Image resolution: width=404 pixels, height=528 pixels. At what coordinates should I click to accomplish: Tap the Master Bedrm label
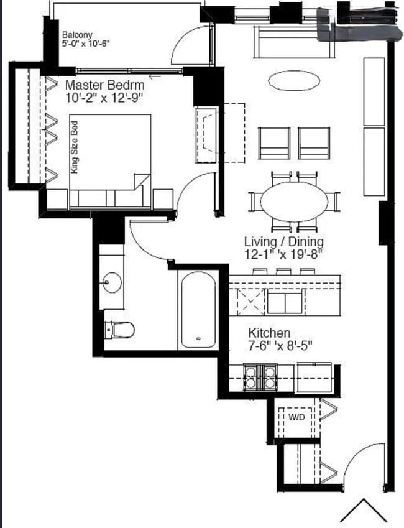click(x=105, y=85)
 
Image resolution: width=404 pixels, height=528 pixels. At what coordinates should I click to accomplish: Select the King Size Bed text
click(x=75, y=147)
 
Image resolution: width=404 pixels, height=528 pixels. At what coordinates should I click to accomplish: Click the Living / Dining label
click(x=284, y=241)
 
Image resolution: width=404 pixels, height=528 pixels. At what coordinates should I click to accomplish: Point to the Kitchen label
click(x=269, y=333)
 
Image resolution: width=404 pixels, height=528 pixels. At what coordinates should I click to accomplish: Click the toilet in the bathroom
click(x=119, y=330)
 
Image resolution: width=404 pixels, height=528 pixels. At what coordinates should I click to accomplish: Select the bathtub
click(x=198, y=310)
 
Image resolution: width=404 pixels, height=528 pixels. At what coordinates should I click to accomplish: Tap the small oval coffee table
click(x=295, y=80)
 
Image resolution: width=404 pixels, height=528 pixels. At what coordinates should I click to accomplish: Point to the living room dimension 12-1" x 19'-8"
click(x=284, y=254)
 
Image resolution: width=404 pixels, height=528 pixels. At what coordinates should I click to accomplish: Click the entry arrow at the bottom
click(x=364, y=511)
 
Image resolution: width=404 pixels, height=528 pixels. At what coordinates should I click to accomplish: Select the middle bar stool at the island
click(x=283, y=271)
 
